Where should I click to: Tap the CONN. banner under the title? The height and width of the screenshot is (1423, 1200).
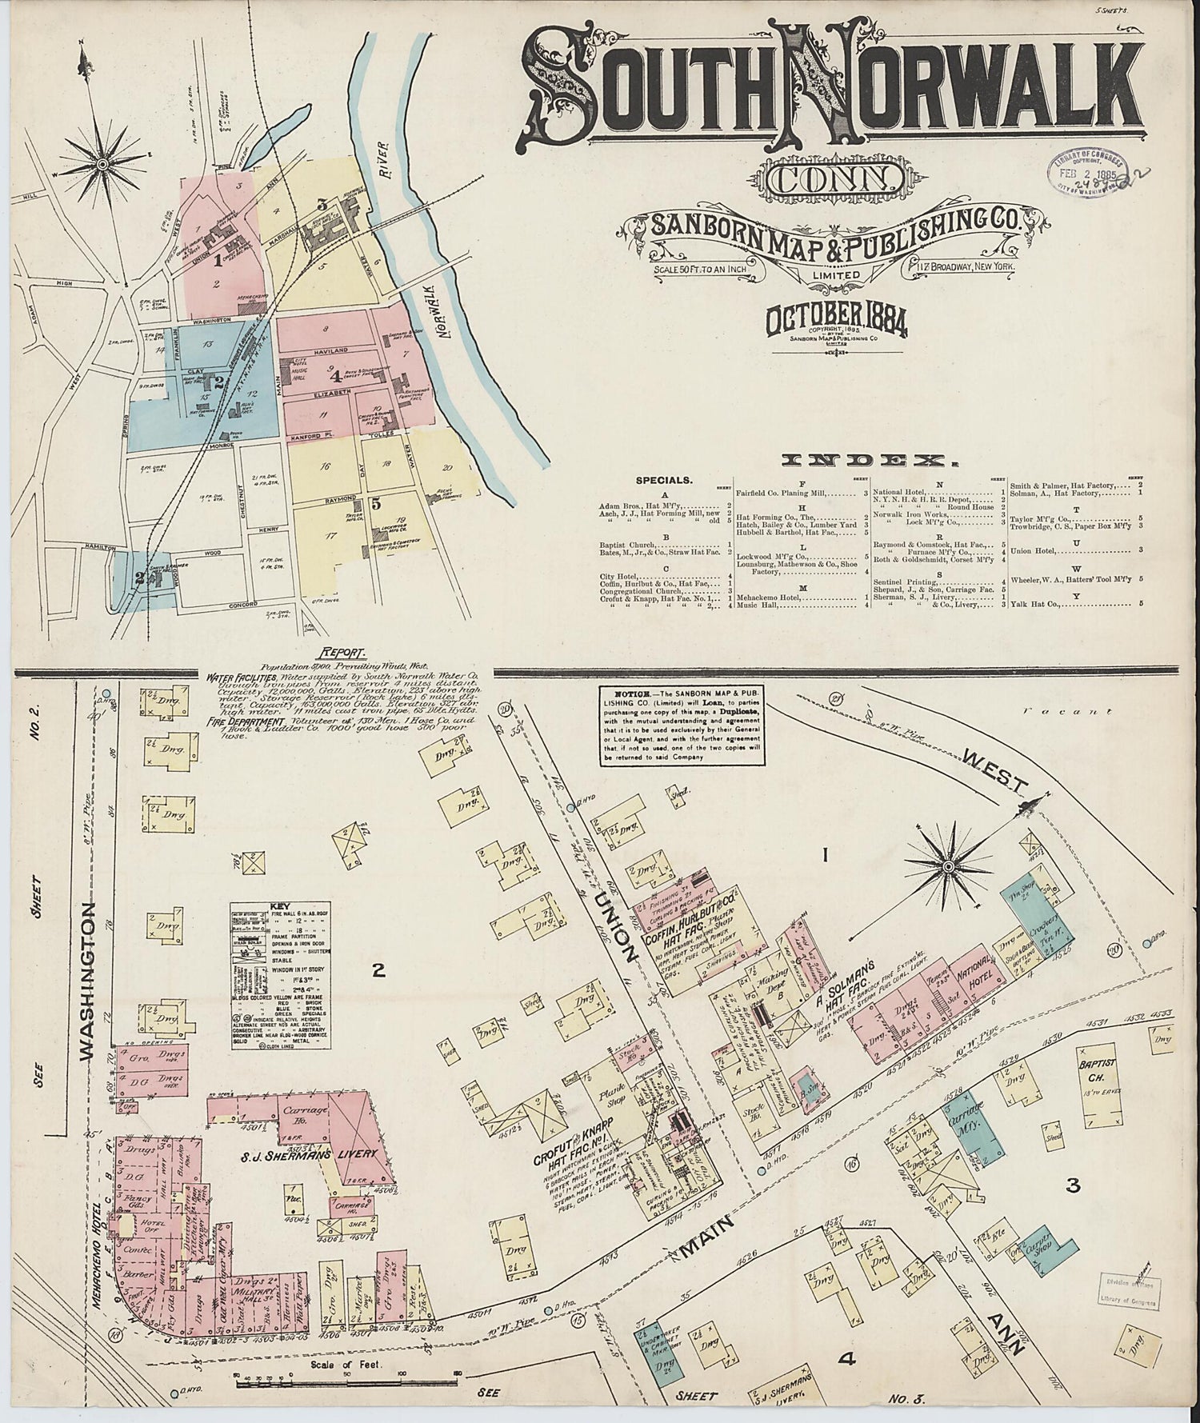(835, 179)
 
